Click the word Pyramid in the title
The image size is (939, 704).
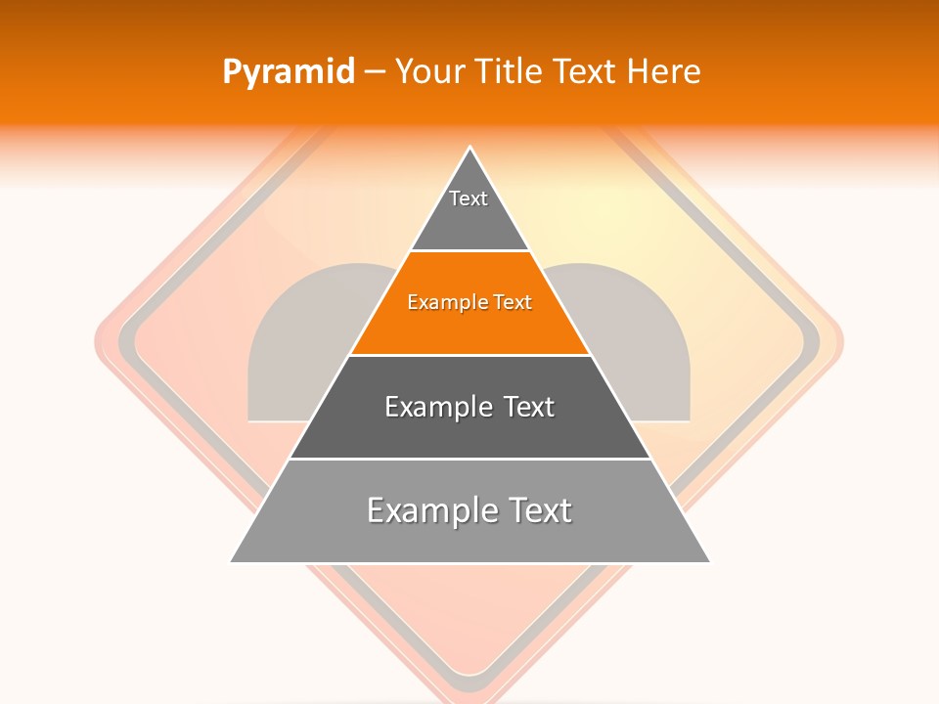pyautogui.click(x=288, y=72)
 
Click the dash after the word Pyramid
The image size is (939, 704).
pyautogui.click(x=375, y=72)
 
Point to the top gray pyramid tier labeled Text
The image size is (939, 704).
pyautogui.click(x=469, y=210)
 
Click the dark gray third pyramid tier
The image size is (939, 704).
pyautogui.click(x=469, y=407)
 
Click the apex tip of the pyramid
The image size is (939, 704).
pyautogui.click(x=470, y=150)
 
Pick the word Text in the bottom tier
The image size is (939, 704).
pyautogui.click(x=534, y=510)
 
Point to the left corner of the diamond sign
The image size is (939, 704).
pyautogui.click(x=98, y=342)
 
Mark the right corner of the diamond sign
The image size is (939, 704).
pyautogui.click(x=841, y=342)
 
